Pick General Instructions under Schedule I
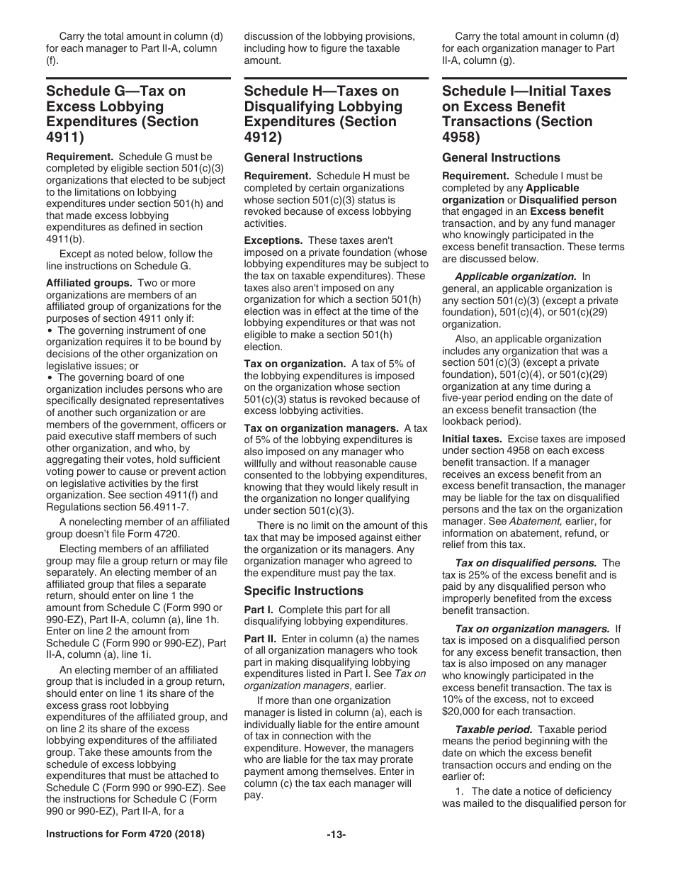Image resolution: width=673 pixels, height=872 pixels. click(501, 157)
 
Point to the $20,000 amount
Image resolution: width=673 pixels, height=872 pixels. click(463, 712)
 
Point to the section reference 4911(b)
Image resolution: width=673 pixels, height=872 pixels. click(65, 239)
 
